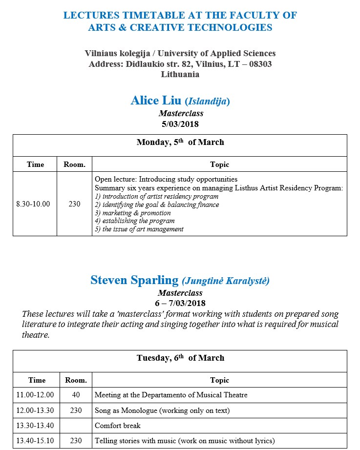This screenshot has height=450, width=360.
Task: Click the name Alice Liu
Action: point(156,101)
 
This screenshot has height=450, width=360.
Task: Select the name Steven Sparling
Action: point(134,280)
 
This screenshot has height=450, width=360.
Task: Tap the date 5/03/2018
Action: point(180,124)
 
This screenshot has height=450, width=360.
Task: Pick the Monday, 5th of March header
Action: point(180,143)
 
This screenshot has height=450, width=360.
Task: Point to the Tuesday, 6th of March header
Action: point(180,358)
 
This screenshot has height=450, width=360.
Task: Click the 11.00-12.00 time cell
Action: point(35,395)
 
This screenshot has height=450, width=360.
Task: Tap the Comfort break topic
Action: point(118,426)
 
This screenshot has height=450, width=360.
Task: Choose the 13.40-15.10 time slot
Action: point(35,441)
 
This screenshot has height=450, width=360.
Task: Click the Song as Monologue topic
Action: point(162,410)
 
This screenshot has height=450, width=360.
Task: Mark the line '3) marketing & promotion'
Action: point(133,213)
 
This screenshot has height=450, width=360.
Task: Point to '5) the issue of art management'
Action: point(139,229)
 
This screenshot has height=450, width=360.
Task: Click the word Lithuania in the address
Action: point(180,75)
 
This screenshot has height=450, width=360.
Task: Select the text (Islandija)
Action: point(207,102)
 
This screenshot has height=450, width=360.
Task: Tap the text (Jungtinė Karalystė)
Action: point(225,281)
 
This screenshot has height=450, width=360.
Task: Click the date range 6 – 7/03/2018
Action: point(180,303)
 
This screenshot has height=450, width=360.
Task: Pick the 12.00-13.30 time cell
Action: point(35,410)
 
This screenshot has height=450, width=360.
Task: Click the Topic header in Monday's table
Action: point(219,164)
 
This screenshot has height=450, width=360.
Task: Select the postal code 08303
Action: point(259,64)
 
